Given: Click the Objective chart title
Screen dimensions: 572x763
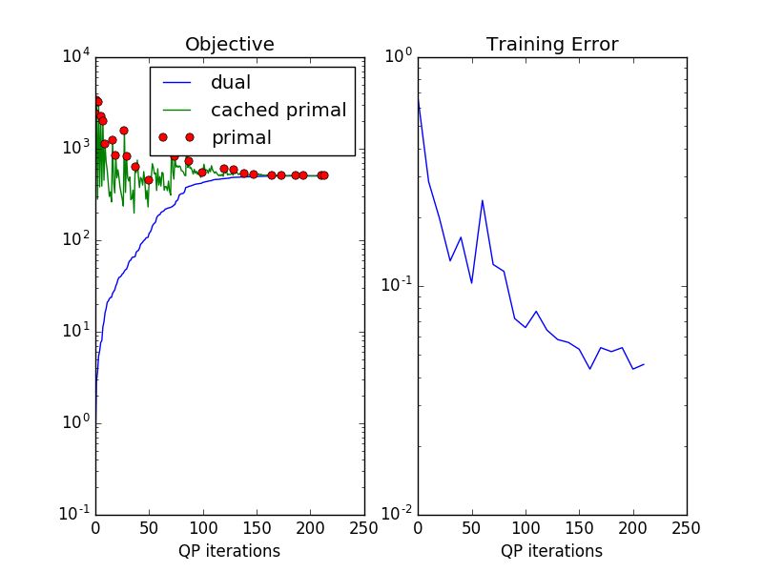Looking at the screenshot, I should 229,44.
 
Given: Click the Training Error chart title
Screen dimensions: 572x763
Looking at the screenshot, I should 551,44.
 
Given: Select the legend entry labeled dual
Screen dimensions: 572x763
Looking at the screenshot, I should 230,83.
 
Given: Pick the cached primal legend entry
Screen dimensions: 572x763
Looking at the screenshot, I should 278,110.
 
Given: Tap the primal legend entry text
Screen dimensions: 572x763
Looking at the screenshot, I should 241,137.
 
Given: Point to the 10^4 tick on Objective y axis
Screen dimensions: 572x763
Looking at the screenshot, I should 75,57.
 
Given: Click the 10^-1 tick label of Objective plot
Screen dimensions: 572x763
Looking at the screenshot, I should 75,514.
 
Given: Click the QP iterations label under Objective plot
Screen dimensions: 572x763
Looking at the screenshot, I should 229,550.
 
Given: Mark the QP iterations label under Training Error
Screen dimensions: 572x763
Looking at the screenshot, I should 551,550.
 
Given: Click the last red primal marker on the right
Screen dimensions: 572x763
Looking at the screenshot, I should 323,175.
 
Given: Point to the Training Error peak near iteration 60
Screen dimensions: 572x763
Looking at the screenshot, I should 483,200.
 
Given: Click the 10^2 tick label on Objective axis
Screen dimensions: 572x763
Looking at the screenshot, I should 75,240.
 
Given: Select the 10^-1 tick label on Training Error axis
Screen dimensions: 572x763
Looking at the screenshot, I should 396,285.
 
